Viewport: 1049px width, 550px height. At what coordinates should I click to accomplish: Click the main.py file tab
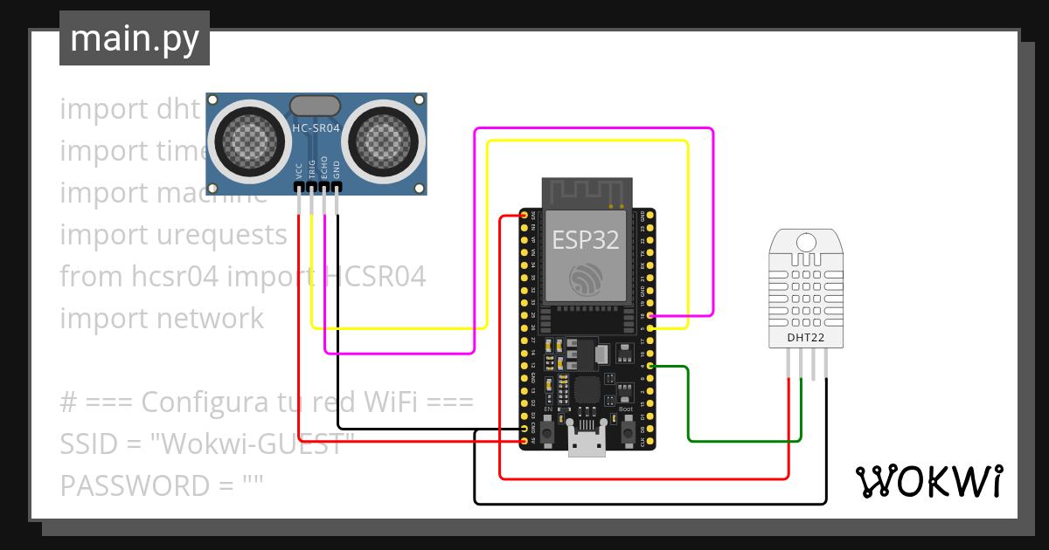134,39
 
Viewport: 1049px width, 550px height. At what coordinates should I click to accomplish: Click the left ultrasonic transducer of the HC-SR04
248,137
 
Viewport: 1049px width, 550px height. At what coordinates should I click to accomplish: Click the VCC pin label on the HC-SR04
299,170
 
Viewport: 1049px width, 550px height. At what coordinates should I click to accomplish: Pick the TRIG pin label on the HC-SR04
312,168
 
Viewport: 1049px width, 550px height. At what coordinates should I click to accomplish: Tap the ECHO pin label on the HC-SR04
324,168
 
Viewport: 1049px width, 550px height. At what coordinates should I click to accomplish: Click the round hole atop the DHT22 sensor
805,242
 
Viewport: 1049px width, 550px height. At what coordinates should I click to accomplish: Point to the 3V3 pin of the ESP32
525,215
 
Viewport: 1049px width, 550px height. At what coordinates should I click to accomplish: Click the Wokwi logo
928,481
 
